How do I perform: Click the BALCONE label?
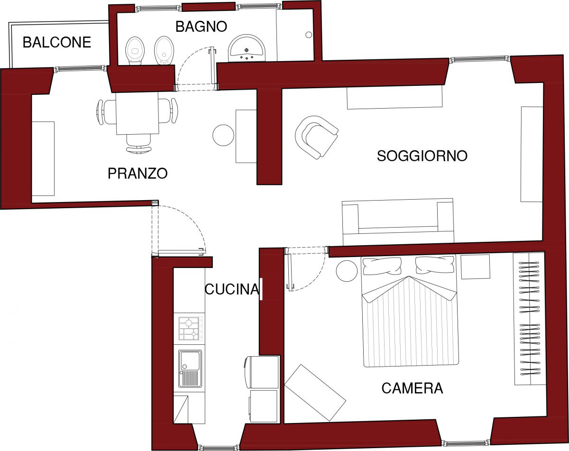[57, 42]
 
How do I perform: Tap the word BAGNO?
[201, 27]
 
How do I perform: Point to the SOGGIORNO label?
[422, 156]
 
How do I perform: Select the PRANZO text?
[138, 173]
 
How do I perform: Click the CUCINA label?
[232, 289]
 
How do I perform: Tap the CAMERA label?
[412, 388]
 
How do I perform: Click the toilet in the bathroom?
[135, 51]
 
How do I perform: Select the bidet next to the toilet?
[164, 51]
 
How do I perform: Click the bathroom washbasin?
[247, 48]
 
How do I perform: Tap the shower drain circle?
[309, 35]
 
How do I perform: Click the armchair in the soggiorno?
[316, 137]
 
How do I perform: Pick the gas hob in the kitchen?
[190, 328]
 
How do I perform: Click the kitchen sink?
[190, 368]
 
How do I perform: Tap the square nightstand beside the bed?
[475, 267]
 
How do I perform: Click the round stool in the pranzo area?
[223, 135]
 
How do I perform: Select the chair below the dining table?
[139, 144]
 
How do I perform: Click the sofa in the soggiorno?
[398, 221]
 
